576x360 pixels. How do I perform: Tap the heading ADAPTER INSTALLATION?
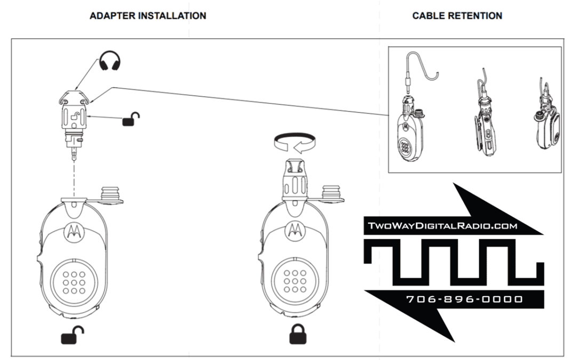pyautogui.click(x=148, y=16)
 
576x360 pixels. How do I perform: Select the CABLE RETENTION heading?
pyautogui.click(x=457, y=16)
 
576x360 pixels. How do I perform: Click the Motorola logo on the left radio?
pyautogui.click(x=73, y=231)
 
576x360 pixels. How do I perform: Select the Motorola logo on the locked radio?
pyautogui.click(x=294, y=231)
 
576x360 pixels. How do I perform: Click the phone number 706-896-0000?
pyautogui.click(x=465, y=299)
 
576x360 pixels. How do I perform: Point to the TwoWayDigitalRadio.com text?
pyautogui.click(x=443, y=226)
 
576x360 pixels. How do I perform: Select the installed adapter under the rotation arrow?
pyautogui.click(x=293, y=179)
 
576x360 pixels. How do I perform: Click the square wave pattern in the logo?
pyautogui.click(x=453, y=261)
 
